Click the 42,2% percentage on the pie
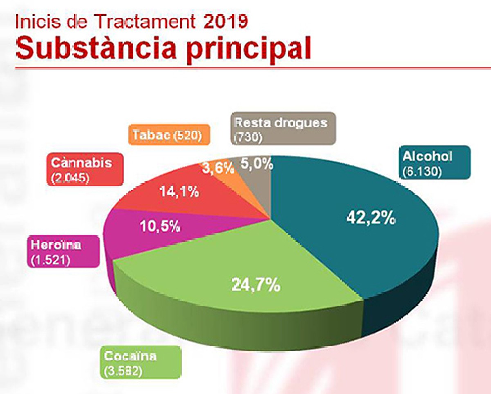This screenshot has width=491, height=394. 371,218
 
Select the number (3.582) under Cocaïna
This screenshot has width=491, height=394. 123,373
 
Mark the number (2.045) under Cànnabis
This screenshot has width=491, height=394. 70,178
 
